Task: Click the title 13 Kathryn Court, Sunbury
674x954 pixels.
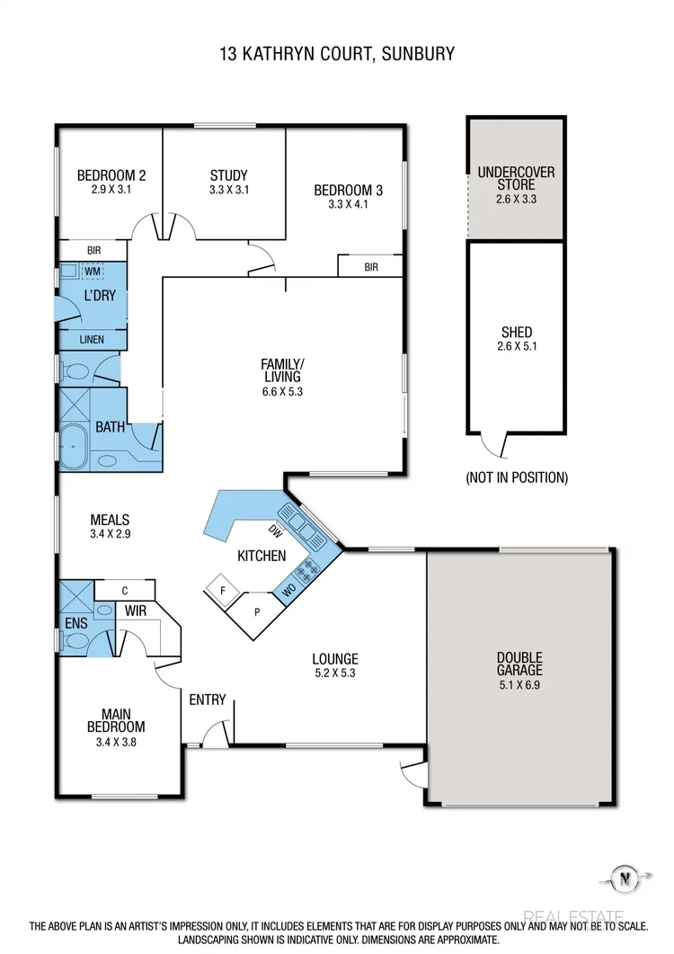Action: point(337,55)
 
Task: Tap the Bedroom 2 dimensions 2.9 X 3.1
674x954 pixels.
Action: point(111,191)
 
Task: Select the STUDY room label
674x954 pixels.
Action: point(228,175)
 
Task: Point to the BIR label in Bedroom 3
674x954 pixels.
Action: point(370,267)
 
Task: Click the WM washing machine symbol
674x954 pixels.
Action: point(93,270)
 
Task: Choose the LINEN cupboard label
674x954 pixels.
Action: point(92,340)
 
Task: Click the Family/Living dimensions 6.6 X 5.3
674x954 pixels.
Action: point(282,391)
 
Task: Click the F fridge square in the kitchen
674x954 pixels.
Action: point(221,591)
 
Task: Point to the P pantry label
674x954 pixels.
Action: point(258,612)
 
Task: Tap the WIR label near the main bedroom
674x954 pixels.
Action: point(137,611)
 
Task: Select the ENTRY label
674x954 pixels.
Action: point(207,700)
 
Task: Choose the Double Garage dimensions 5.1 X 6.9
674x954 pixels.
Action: point(519,684)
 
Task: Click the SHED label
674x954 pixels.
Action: point(516,332)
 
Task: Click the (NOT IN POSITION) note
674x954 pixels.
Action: point(516,477)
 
